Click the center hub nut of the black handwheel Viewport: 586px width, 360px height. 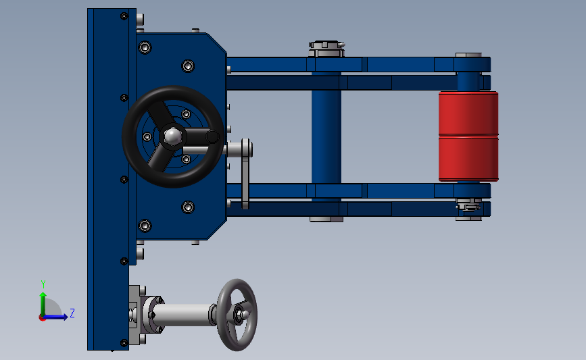coord(172,137)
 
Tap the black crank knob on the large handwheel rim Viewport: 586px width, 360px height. coord(212,137)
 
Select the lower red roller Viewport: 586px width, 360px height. coord(468,159)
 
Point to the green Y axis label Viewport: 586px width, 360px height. coord(43,284)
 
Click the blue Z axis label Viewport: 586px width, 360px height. coord(72,313)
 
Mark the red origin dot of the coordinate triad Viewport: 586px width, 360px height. coord(43,317)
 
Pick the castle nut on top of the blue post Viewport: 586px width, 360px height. coord(326,49)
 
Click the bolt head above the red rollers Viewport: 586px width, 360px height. coord(468,55)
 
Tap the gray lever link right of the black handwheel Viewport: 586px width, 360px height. coord(245,174)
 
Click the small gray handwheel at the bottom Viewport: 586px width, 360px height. coord(237,315)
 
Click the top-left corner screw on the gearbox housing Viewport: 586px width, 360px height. coord(145,47)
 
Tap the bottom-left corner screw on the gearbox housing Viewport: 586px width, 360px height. coord(145,225)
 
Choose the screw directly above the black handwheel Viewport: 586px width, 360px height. coord(188,66)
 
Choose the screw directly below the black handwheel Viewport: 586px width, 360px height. coord(188,207)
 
